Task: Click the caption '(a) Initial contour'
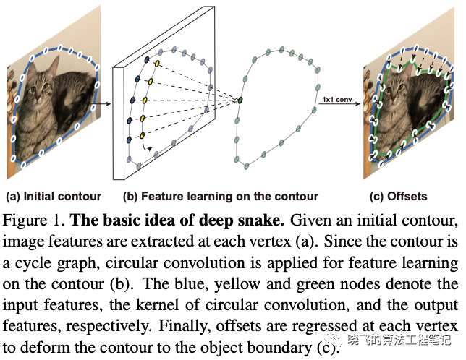coord(54,196)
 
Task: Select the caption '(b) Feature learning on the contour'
coord(220,196)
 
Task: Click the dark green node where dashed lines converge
coord(241,100)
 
